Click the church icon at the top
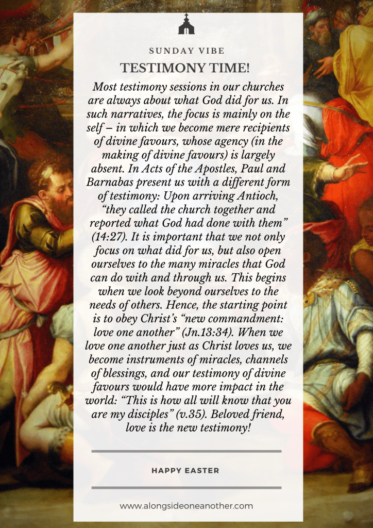point(186,25)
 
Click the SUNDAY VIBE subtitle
point(186,51)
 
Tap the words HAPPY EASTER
point(186,470)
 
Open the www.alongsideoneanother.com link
point(186,506)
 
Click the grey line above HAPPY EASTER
point(186,451)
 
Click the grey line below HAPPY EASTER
point(186,487)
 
